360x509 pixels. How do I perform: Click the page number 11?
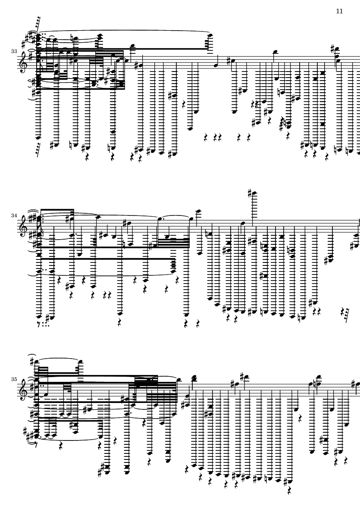point(339,11)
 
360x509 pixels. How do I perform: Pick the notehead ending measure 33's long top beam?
point(210,35)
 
